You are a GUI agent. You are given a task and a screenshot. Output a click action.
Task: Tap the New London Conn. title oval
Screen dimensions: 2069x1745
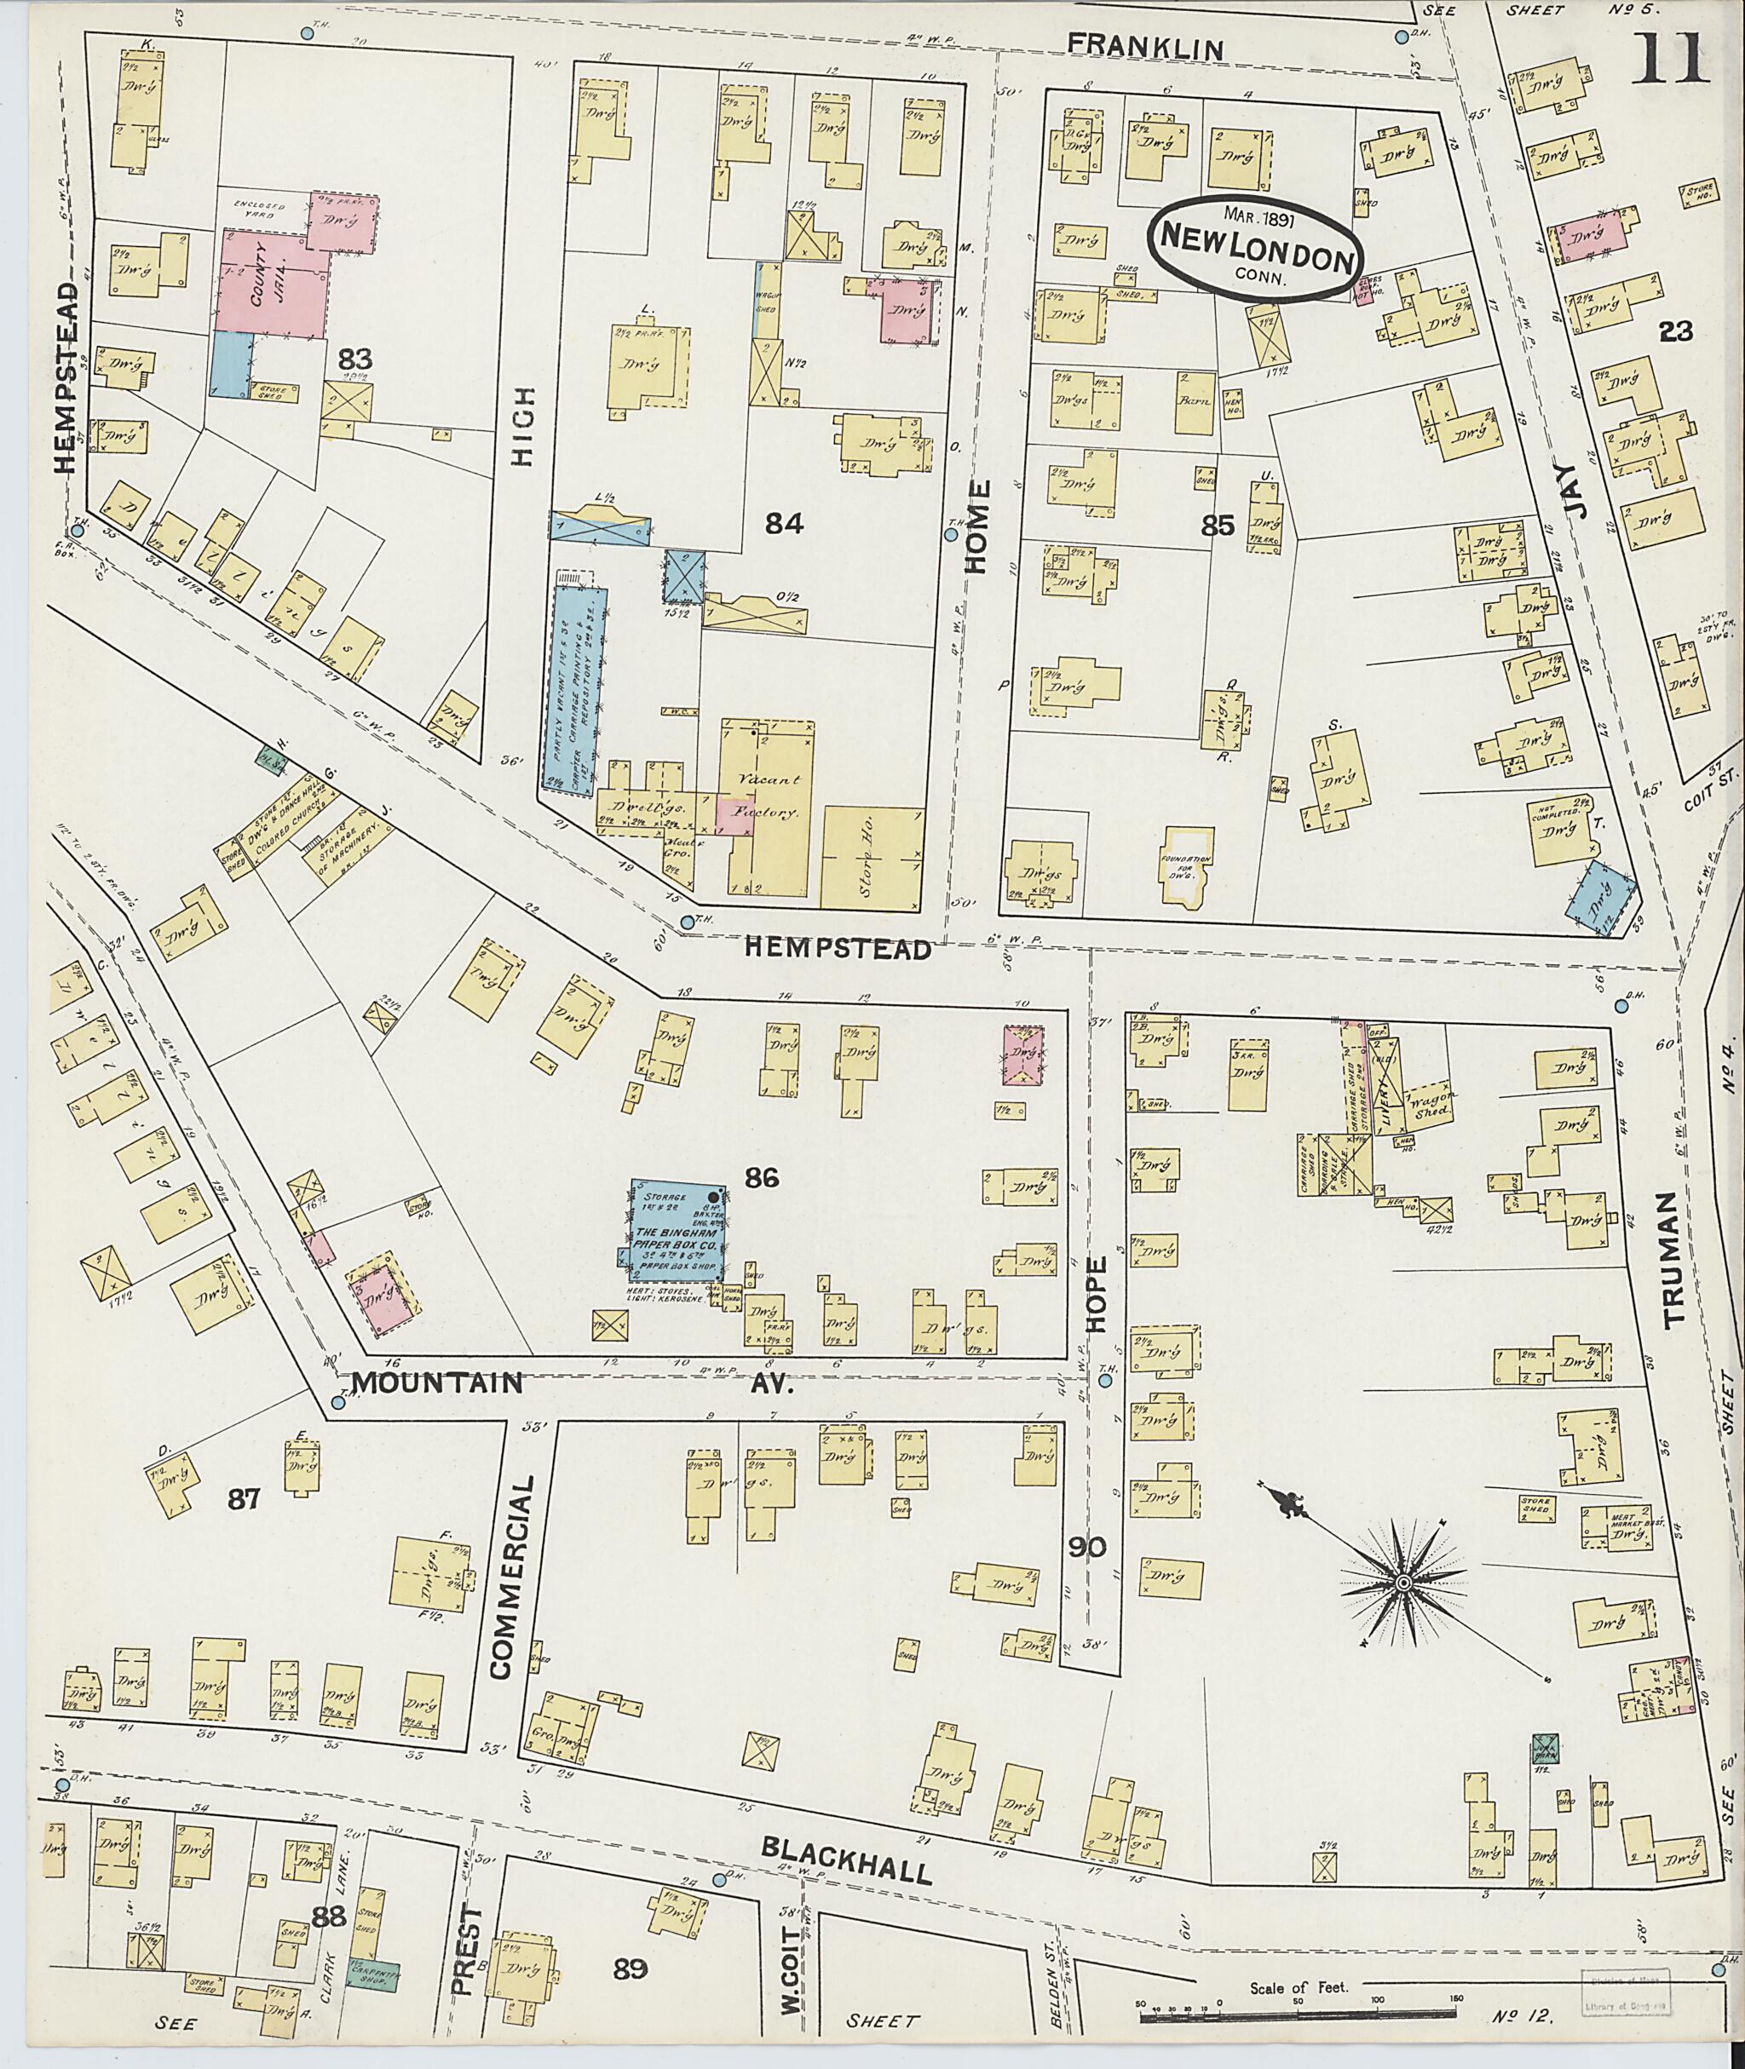pos(1255,247)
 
